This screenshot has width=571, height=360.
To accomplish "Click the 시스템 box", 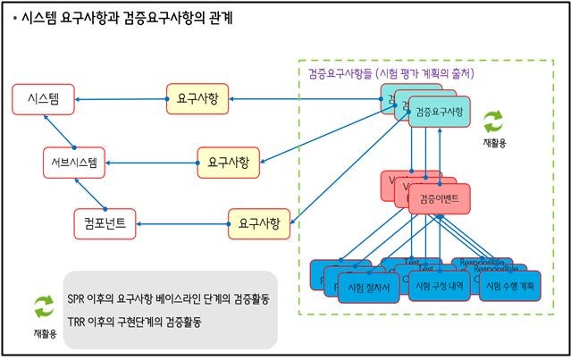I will coord(43,97).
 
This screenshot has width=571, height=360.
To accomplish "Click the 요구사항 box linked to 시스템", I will coord(197,97).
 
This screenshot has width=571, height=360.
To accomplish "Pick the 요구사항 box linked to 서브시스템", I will coord(228,163).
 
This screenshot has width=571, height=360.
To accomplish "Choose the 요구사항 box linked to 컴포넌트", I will coord(259,222).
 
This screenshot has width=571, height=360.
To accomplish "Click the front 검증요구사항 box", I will coord(439,113).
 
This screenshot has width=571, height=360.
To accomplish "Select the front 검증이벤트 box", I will coord(439,197).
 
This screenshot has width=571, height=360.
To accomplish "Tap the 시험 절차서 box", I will coord(367,287).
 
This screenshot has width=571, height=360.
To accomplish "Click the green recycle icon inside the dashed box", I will coord(493,121).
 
